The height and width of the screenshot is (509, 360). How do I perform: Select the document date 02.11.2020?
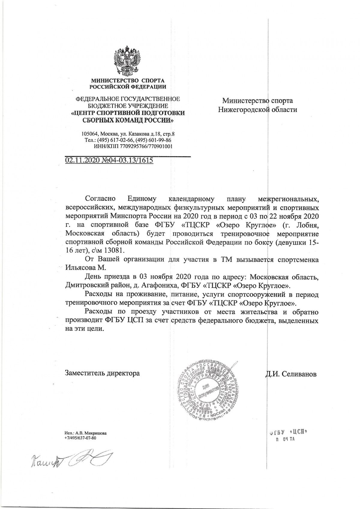[x=82, y=160]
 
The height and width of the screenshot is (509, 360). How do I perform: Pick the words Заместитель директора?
[x=102, y=373]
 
